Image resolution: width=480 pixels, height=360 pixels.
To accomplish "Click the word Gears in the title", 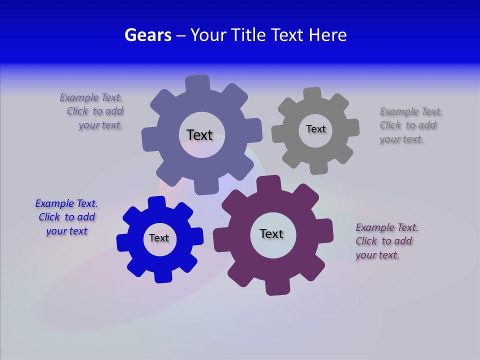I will click(x=148, y=35).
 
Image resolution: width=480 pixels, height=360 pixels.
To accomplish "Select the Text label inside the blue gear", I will click(x=159, y=238).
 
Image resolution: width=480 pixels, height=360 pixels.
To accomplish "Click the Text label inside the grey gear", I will click(x=315, y=129).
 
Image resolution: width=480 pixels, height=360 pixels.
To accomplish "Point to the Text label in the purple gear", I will click(x=271, y=233).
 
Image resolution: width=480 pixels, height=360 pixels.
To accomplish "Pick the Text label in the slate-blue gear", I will click(x=199, y=135).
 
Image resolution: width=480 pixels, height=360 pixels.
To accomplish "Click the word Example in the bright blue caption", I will click(x=55, y=203).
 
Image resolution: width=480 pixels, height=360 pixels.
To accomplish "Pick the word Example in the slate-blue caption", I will click(x=79, y=97).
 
